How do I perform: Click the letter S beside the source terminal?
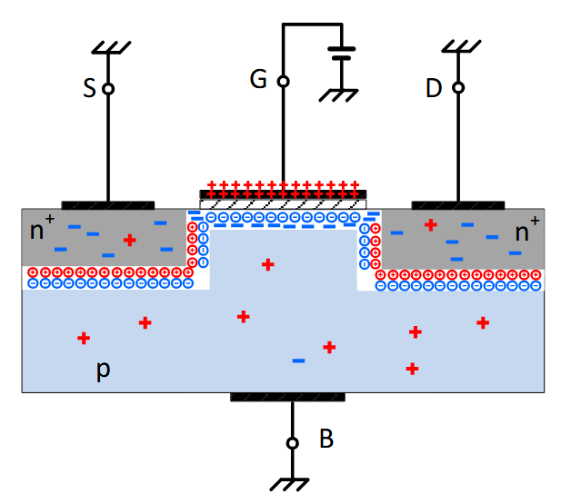click(x=88, y=88)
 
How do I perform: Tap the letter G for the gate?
click(x=258, y=80)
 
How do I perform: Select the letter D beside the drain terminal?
click(x=435, y=88)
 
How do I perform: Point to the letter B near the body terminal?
click(x=326, y=440)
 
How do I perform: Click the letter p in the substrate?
click(x=104, y=371)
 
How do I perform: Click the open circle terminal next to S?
click(x=107, y=89)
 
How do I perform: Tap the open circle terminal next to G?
click(x=283, y=81)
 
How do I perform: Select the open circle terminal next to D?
click(x=458, y=88)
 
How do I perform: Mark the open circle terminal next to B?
click(x=292, y=443)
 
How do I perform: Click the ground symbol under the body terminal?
click(x=292, y=485)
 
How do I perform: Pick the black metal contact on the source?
click(x=107, y=204)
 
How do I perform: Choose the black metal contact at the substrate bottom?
click(x=287, y=397)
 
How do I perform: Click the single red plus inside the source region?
click(x=130, y=241)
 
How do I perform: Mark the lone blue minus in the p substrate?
click(x=297, y=361)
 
